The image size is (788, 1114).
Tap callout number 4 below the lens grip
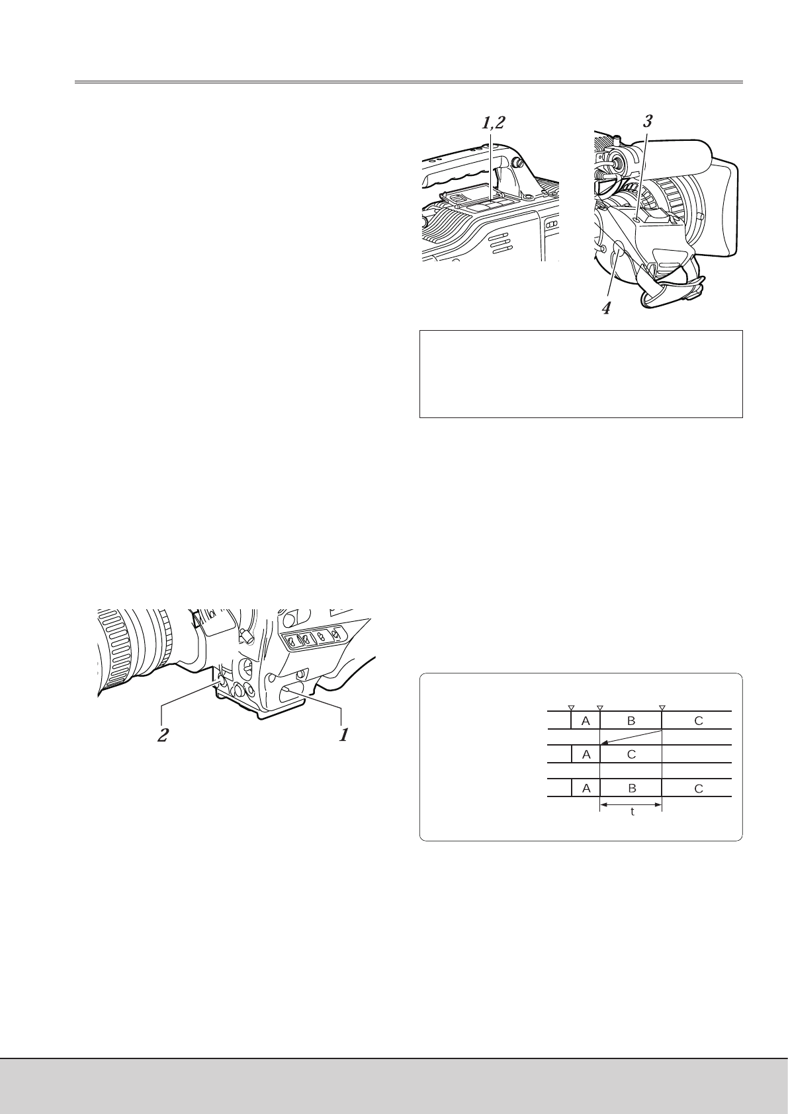pyautogui.click(x=605, y=308)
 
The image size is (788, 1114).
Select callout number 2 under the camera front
pyautogui.click(x=162, y=735)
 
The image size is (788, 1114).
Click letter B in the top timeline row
pyautogui.click(x=631, y=721)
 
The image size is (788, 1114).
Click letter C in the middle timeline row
pyautogui.click(x=631, y=754)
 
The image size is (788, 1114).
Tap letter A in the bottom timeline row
pyautogui.click(x=585, y=788)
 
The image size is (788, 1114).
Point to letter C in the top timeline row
pyautogui.click(x=699, y=721)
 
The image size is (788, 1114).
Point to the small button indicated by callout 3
pyautogui.click(x=635, y=219)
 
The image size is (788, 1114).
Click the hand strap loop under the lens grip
pyautogui.click(x=668, y=291)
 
